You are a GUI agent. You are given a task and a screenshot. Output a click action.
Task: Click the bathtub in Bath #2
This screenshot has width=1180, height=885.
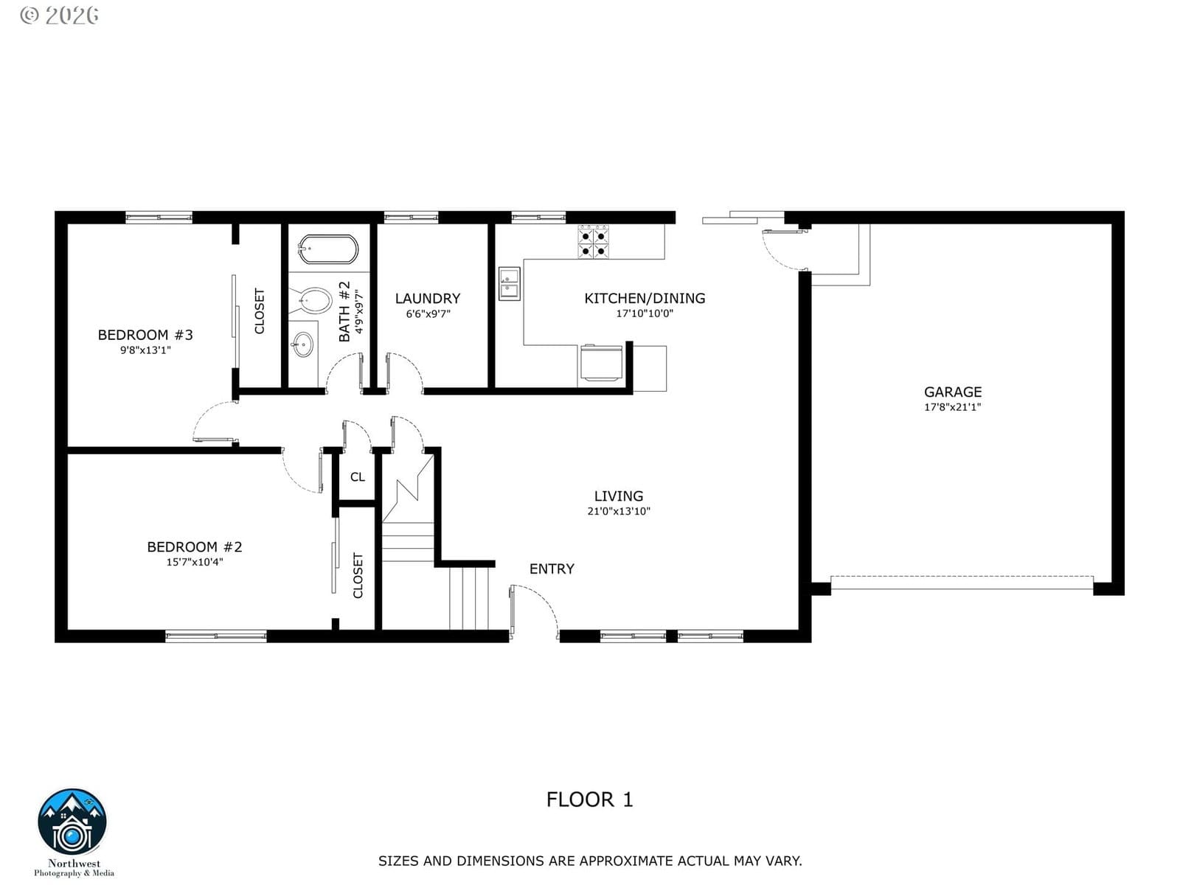tap(328, 249)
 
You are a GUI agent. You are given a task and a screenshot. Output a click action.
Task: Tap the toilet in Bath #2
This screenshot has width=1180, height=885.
tap(312, 301)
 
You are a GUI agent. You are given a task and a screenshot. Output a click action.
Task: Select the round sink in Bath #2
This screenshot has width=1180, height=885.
tap(302, 344)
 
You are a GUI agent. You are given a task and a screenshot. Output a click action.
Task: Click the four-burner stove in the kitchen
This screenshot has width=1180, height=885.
tap(594, 242)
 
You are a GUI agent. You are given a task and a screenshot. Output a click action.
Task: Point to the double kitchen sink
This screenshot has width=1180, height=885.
tap(509, 283)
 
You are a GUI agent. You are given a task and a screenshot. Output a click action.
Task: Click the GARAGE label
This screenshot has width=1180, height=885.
tap(953, 392)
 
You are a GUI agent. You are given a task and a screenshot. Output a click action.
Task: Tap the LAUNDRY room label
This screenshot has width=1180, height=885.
tap(427, 298)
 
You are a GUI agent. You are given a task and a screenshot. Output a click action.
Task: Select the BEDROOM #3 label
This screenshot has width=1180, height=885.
tap(145, 335)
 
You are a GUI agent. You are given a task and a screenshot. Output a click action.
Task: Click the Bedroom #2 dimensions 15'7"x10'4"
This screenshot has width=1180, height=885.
tap(195, 562)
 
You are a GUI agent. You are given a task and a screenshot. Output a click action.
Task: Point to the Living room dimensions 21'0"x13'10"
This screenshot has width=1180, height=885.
tap(619, 511)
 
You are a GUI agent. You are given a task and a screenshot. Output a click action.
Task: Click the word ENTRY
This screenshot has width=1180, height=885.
tap(552, 569)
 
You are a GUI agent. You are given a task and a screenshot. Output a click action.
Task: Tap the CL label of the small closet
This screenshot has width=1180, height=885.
tap(358, 476)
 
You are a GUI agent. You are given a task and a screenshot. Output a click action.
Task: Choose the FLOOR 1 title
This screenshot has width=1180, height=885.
tap(590, 799)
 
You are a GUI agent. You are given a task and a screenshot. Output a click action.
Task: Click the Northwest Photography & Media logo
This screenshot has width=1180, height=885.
tap(72, 833)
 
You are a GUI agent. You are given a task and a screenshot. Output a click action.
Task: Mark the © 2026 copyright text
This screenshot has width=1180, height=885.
tap(59, 15)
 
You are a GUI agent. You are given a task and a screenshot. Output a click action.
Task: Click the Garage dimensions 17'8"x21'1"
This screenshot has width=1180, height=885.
tap(953, 407)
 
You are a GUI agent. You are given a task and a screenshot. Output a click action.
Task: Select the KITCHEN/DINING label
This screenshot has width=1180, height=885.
tap(645, 298)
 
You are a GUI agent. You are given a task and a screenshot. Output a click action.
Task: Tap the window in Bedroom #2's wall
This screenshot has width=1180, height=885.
tap(215, 636)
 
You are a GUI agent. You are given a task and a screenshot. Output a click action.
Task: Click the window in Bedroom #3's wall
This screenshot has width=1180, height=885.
tap(159, 218)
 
